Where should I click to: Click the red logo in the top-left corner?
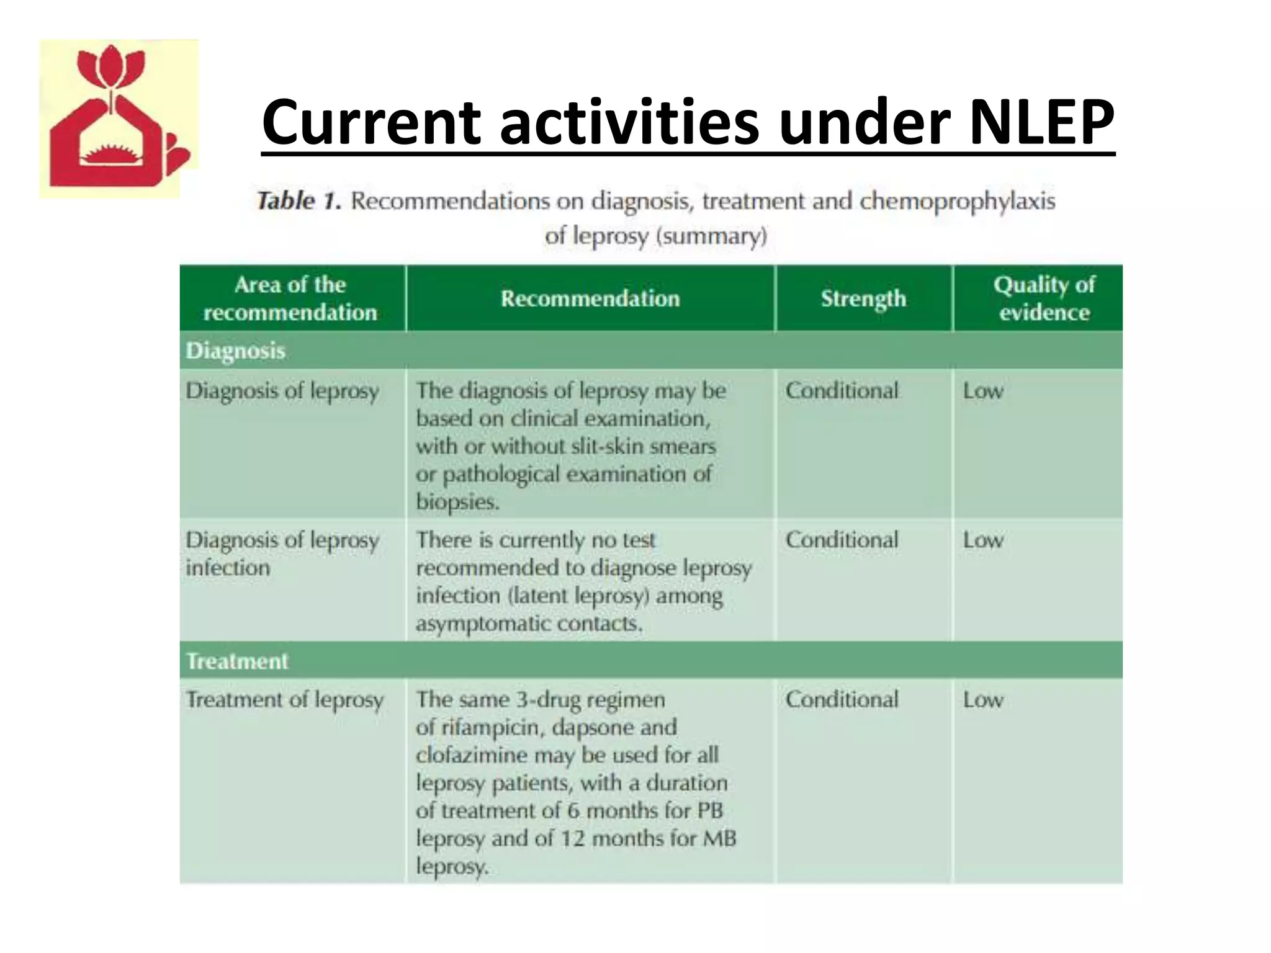pyautogui.click(x=119, y=119)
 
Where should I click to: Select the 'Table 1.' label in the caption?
pyautogui.click(x=299, y=201)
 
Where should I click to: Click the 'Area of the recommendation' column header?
pyautogui.click(x=290, y=298)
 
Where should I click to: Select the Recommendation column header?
pyautogui.click(x=590, y=298)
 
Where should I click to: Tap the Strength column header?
pyautogui.click(x=863, y=299)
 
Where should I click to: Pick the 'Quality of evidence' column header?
pyautogui.click(x=1044, y=298)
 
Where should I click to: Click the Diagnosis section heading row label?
pyautogui.click(x=236, y=351)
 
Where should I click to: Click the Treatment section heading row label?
pyautogui.click(x=237, y=661)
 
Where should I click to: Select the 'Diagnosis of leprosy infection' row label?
pyautogui.click(x=282, y=553)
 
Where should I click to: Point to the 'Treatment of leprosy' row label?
pyautogui.click(x=285, y=700)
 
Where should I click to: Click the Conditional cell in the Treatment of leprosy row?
pyautogui.click(x=842, y=700)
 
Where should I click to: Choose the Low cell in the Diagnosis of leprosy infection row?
pyautogui.click(x=983, y=540)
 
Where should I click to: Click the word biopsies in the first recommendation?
pyautogui.click(x=457, y=501)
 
